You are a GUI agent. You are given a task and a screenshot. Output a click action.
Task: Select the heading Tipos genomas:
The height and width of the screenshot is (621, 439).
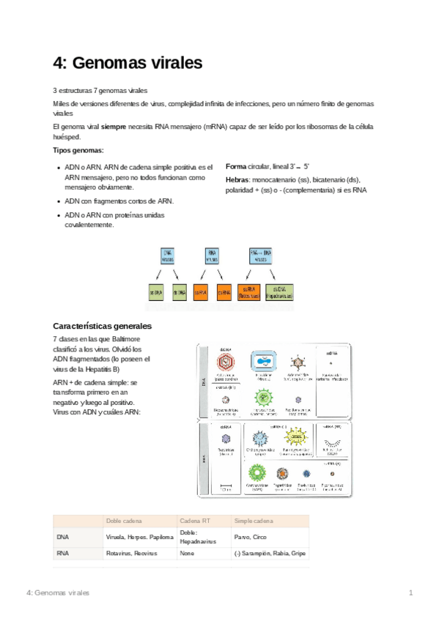coord(78,150)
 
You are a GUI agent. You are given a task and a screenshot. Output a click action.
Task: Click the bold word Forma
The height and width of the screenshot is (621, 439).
coord(236,167)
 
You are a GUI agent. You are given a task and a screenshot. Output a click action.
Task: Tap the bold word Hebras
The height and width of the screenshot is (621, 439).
coord(237,179)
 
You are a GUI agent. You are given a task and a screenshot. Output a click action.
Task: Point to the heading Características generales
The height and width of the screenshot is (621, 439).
coord(102,325)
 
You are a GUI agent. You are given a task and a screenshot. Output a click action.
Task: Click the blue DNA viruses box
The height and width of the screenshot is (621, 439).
coord(167,256)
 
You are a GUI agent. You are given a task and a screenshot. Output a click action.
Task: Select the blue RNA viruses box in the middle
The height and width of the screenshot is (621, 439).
coord(212,256)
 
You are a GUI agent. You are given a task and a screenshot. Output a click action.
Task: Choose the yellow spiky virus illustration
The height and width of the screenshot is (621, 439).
coord(297,438)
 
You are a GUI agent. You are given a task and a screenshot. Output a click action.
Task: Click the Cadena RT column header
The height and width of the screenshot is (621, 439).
coord(194,520)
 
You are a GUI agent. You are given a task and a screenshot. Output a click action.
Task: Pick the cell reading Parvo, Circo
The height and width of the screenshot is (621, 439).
coord(254,537)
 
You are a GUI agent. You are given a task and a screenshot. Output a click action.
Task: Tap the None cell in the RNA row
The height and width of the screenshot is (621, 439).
coord(188,554)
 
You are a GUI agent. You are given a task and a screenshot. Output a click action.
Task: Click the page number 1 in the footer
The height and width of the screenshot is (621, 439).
coord(411,592)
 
